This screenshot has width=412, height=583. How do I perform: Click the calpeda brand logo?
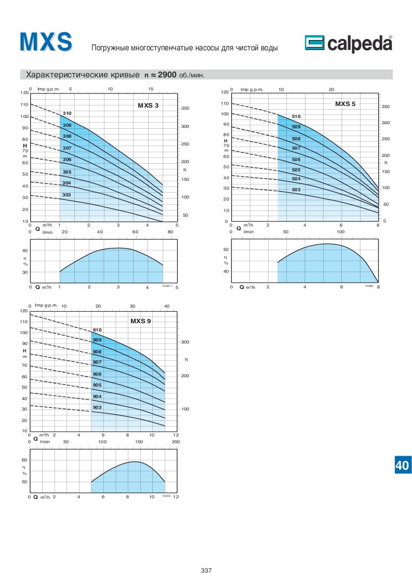click(x=348, y=45)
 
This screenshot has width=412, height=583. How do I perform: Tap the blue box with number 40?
click(x=402, y=465)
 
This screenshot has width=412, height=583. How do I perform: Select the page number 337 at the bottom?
click(x=206, y=571)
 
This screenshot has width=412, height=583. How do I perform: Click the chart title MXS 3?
click(x=148, y=106)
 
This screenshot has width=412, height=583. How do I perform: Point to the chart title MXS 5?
click(x=345, y=104)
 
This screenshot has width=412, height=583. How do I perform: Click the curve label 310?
click(x=67, y=113)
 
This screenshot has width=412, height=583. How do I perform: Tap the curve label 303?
click(x=67, y=195)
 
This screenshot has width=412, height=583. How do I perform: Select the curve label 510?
click(x=296, y=116)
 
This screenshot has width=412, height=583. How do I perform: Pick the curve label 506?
click(x=296, y=160)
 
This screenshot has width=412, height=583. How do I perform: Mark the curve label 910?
click(x=97, y=330)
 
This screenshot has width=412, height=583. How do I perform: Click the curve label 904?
click(x=97, y=396)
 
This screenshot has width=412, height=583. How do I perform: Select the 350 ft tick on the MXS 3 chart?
click(x=185, y=109)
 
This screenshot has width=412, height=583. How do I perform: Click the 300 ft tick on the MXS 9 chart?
click(x=185, y=342)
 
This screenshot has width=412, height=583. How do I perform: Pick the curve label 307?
click(x=67, y=148)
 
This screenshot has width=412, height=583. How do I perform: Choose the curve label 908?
click(x=97, y=352)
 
